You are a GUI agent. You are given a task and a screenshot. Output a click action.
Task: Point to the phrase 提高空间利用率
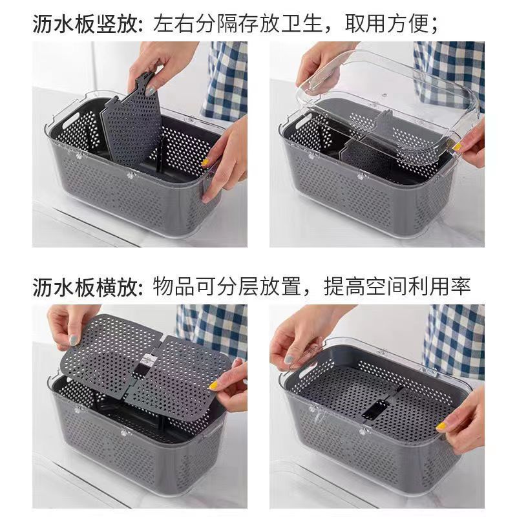point(397,287)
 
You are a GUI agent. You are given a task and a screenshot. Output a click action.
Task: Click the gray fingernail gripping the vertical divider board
point(151,91)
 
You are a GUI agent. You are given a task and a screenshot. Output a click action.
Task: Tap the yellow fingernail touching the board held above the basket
point(213,386)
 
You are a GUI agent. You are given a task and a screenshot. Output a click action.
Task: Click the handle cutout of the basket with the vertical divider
point(68,118)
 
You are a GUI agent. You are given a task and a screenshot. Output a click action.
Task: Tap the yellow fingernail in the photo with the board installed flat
point(441,427)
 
